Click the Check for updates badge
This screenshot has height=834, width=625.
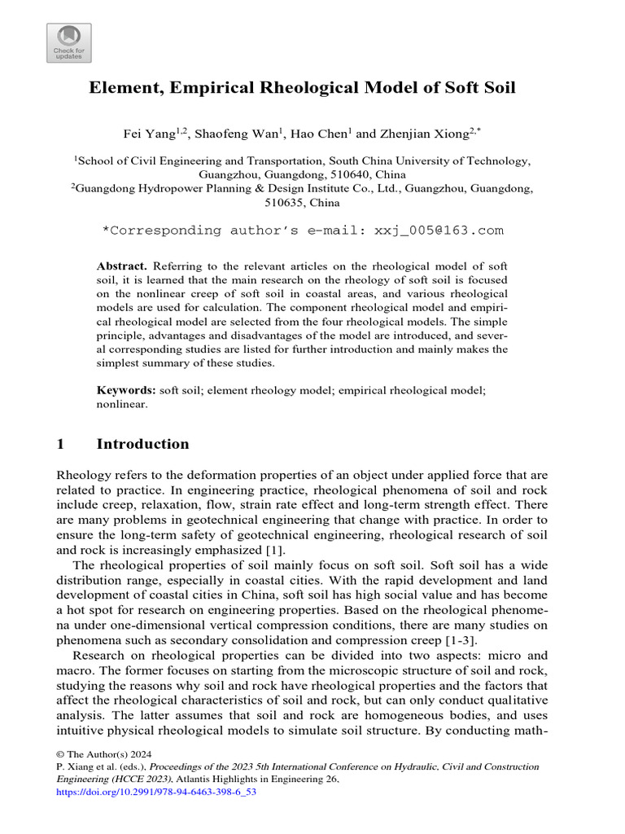click(x=69, y=43)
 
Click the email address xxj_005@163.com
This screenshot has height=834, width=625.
click(x=439, y=230)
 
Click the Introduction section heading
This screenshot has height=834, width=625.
click(x=142, y=445)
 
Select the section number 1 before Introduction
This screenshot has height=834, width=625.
click(x=60, y=445)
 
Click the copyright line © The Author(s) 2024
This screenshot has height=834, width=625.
click(x=105, y=754)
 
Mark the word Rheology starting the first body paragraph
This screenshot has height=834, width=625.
click(x=82, y=475)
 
